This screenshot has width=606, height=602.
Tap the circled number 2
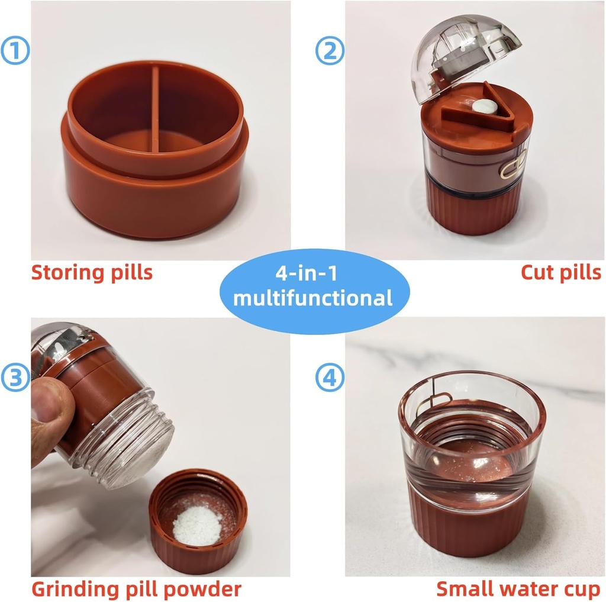(x=329, y=51)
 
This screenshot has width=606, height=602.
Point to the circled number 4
(x=329, y=378)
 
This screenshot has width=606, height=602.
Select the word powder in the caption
(x=207, y=590)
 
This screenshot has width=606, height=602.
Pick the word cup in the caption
(x=583, y=590)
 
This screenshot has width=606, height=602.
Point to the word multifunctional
(x=312, y=298)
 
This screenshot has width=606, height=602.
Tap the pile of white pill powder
(x=198, y=523)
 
